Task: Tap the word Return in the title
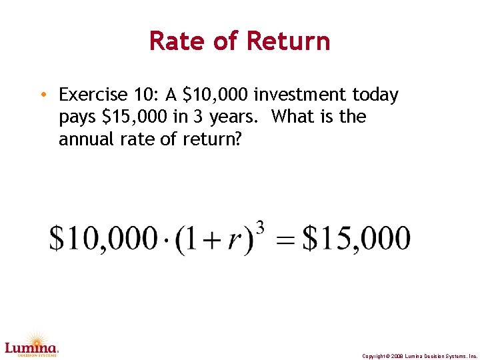pos(288,41)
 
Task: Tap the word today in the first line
pos(376,95)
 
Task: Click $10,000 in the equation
pos(103,239)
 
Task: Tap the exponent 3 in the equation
pos(260,227)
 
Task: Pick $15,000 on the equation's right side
pos(357,239)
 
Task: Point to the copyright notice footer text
pos(419,356)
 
